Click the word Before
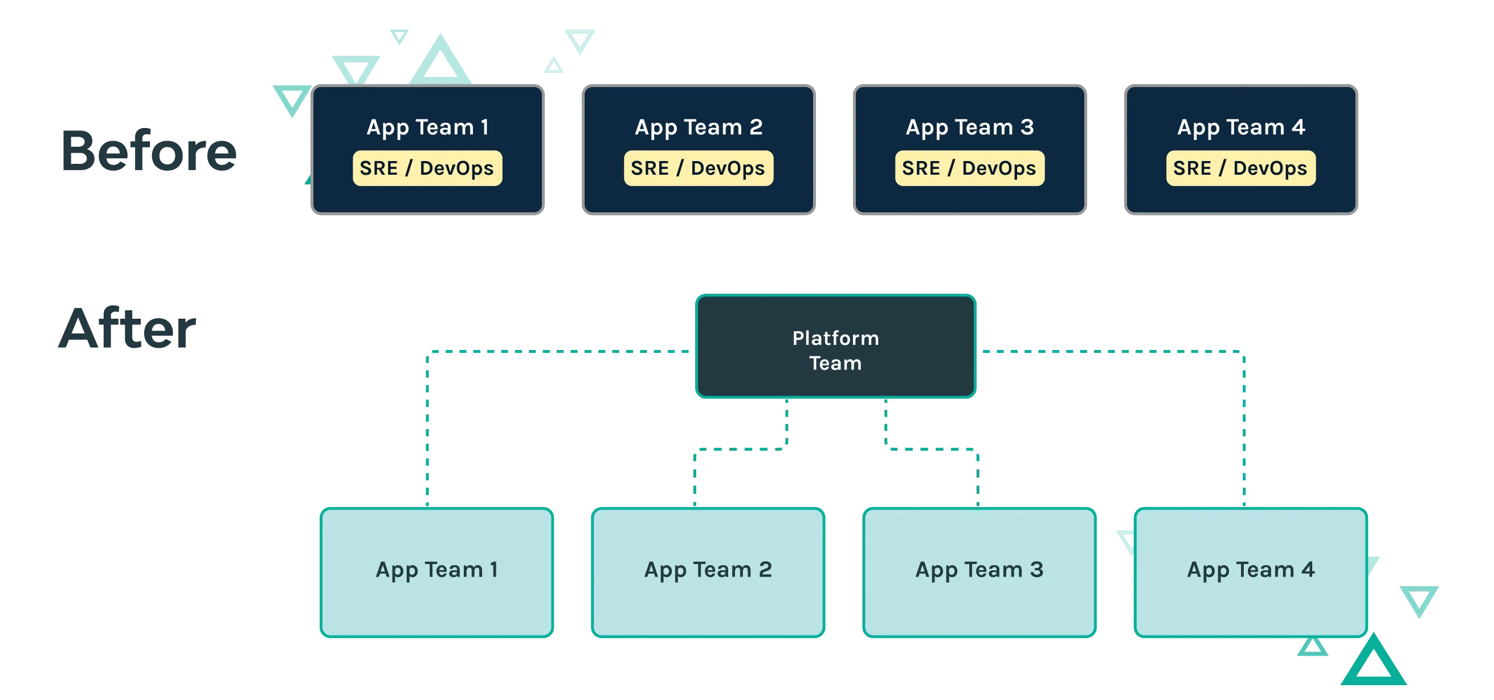coord(149,151)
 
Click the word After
coord(128,328)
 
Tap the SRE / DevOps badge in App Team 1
coord(427,168)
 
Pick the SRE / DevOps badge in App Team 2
coord(699,168)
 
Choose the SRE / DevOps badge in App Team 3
coord(969,168)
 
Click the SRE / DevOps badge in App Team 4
coord(1240,168)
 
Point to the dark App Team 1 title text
coord(427,127)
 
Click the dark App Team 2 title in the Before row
coord(699,127)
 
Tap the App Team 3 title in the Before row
coord(970,127)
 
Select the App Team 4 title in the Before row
coord(1241,127)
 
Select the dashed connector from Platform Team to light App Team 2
coord(740,448)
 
